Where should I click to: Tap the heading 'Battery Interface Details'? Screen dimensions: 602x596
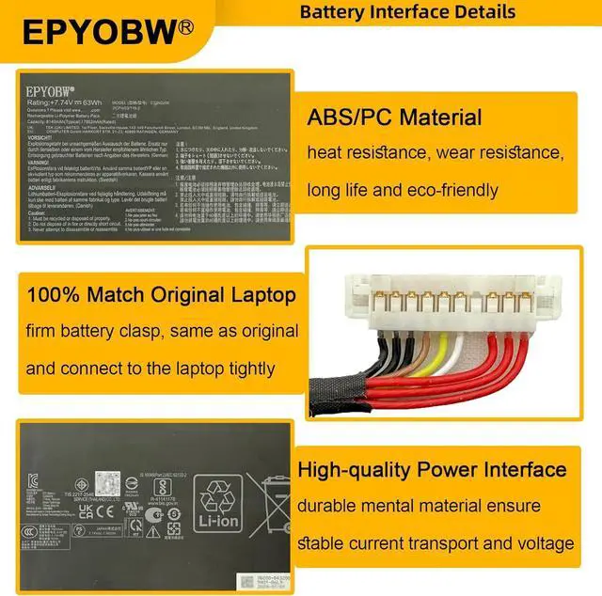coord(407,12)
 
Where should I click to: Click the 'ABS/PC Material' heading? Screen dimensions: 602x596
coord(394,118)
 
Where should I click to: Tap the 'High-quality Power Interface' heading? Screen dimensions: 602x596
coord(432,469)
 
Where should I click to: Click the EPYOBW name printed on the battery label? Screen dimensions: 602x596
coord(53,92)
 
